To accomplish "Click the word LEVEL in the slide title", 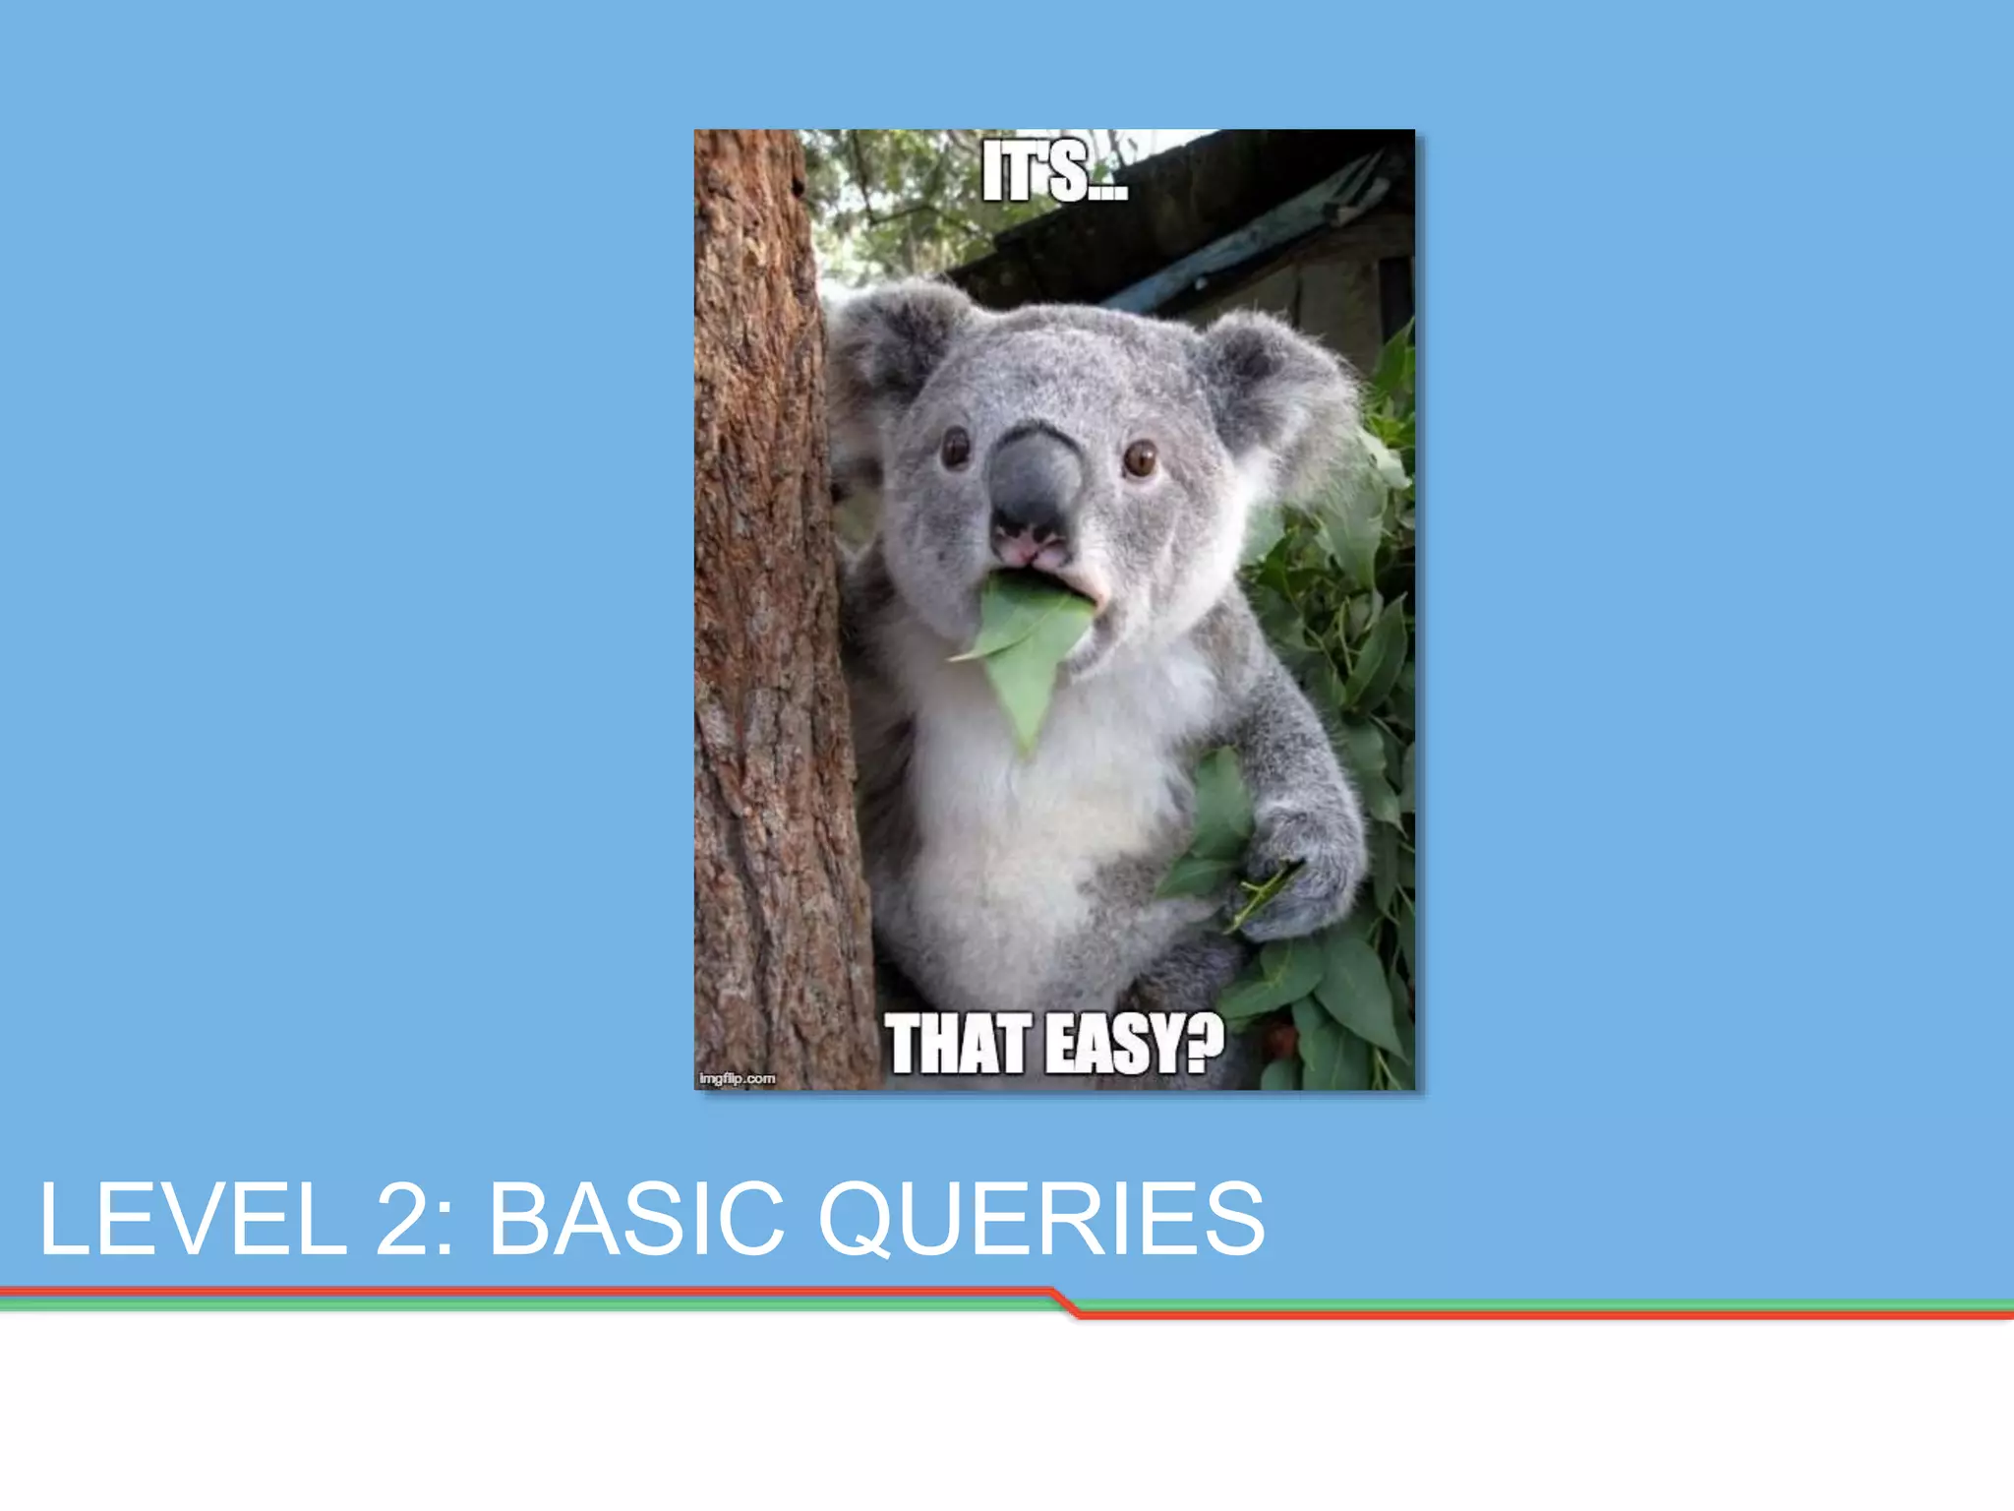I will tap(193, 1220).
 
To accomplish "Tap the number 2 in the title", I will tap(404, 1220).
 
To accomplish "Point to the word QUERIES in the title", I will tap(1041, 1220).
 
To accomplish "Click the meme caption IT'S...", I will tap(1054, 173).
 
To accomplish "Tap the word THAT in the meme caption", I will tap(958, 1045).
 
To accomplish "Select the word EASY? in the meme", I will tap(1135, 1045).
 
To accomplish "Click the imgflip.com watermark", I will tap(738, 1079).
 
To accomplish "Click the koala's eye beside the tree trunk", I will tap(955, 448).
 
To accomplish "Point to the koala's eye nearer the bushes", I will tap(1140, 457).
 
